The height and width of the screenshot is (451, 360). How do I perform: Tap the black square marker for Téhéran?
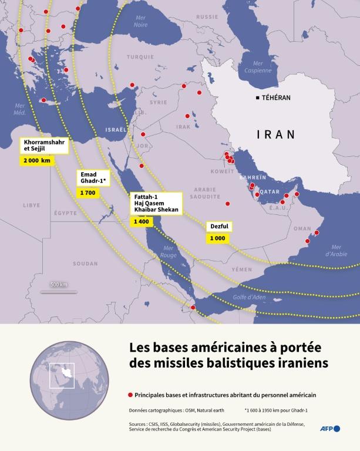pos(257,97)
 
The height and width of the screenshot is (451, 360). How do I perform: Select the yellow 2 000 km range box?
pos(37,160)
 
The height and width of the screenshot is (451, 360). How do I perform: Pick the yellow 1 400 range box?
pos(142,221)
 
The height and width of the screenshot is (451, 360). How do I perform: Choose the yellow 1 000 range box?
pos(217,238)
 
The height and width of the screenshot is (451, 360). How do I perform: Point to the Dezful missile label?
pos(218,227)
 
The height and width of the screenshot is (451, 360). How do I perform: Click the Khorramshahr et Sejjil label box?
pos(45,146)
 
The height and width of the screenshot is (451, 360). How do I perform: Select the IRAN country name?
pos(275,134)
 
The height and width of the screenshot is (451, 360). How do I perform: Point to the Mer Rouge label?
pos(168,252)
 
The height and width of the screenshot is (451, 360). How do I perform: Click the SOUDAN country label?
pos(85,264)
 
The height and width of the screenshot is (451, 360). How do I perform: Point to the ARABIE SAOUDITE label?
pos(205,194)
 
